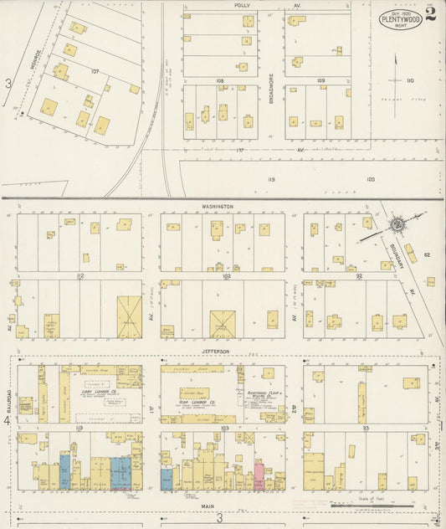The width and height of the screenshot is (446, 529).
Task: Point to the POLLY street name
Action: [x=243, y=5]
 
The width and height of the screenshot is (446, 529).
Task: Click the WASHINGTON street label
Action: [x=217, y=205]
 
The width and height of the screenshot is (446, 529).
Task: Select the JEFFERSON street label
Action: [x=216, y=352]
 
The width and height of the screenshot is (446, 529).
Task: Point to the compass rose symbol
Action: [x=397, y=224]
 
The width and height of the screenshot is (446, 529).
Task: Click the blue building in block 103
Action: [x=167, y=478]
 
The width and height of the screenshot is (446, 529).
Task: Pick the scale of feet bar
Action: [x=372, y=506]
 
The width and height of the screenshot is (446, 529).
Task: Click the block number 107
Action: [x=95, y=71]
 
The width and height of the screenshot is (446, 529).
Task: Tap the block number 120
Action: [x=370, y=179]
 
